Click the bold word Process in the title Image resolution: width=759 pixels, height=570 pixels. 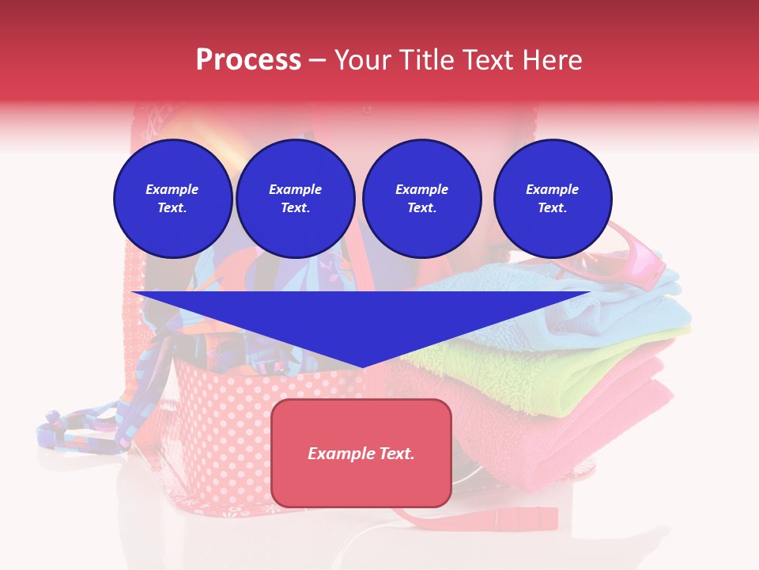click(x=248, y=60)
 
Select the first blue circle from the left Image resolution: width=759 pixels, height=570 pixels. click(x=172, y=199)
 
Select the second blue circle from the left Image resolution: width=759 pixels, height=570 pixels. click(x=295, y=199)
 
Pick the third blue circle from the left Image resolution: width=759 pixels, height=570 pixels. click(x=421, y=199)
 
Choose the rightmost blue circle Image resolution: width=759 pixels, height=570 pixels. click(x=552, y=199)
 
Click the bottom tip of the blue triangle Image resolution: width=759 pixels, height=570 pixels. click(x=363, y=365)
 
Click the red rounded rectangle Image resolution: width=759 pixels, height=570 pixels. click(x=361, y=483)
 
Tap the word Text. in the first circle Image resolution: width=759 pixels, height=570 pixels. click(x=172, y=208)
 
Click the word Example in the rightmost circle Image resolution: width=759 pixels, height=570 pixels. click(x=552, y=189)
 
